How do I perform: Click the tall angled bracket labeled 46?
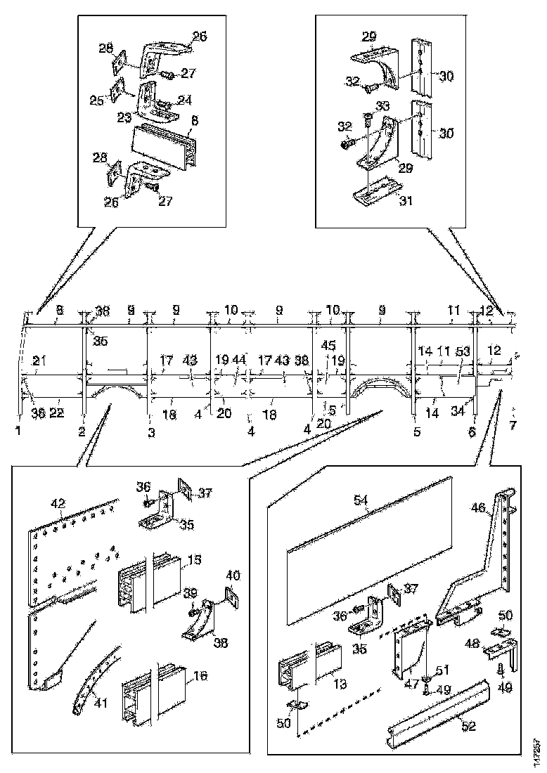485,562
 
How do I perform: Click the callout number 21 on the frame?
39,360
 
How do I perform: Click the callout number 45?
328,345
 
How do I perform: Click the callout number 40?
232,575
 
